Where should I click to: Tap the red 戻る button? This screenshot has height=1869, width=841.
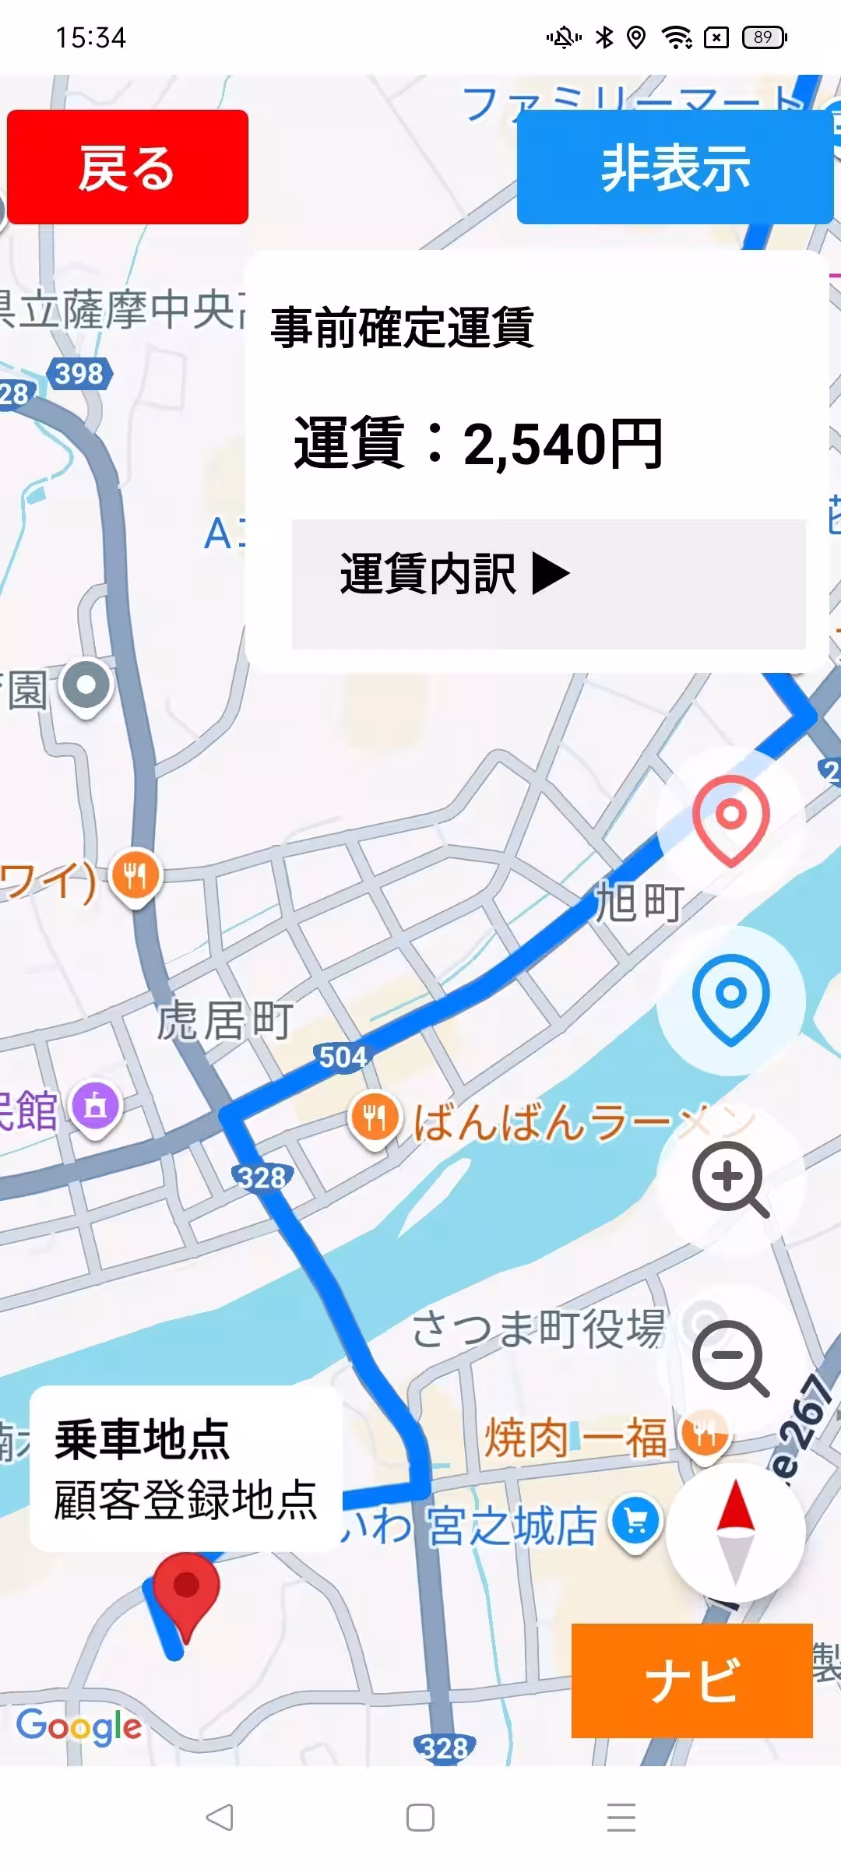(x=128, y=167)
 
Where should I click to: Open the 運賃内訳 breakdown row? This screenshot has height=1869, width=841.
(x=548, y=583)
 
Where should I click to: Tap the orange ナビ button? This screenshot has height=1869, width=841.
(x=691, y=1680)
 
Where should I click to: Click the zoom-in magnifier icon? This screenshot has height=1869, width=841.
(x=730, y=1178)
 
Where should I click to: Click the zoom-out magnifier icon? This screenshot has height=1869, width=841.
(x=730, y=1357)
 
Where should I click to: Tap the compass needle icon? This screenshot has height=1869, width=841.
(x=735, y=1532)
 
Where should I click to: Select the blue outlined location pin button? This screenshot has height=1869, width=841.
(x=730, y=998)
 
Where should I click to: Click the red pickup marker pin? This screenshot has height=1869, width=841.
(x=186, y=1589)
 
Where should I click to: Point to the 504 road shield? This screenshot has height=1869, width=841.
(x=343, y=1057)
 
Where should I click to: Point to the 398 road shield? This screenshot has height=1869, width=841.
(x=79, y=374)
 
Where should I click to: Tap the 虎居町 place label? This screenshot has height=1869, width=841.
(x=225, y=1020)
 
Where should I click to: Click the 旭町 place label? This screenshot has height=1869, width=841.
(x=639, y=903)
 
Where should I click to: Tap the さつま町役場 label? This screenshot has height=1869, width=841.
(x=538, y=1329)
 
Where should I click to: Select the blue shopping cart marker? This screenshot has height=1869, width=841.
(x=635, y=1522)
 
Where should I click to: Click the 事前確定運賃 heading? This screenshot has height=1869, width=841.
(x=402, y=327)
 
